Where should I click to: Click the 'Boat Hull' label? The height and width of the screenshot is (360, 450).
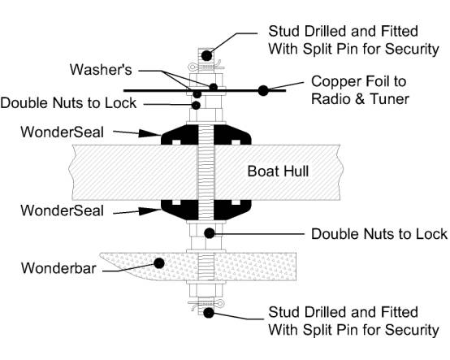point(278,171)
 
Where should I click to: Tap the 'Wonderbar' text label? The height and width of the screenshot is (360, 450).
point(58,268)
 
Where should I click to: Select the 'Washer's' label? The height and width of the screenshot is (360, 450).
point(101,69)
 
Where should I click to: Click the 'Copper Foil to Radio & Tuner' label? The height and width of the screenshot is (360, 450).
point(360,90)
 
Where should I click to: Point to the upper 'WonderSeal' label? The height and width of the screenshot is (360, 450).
point(63,132)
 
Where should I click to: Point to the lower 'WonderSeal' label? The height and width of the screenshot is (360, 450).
point(63,210)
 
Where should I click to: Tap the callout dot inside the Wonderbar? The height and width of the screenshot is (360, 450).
point(159,263)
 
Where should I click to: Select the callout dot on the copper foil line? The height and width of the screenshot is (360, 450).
point(263,91)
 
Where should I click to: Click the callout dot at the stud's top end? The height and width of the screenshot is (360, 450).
point(206,56)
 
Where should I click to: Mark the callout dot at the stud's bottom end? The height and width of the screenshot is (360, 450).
point(209,313)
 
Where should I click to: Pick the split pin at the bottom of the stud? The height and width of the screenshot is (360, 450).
point(206,304)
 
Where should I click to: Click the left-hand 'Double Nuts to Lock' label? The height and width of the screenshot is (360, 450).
point(68,103)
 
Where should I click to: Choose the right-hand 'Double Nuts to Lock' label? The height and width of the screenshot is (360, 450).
point(379,234)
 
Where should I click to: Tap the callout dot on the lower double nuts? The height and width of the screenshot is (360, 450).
point(210,233)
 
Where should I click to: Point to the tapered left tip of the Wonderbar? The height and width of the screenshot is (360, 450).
point(101,254)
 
